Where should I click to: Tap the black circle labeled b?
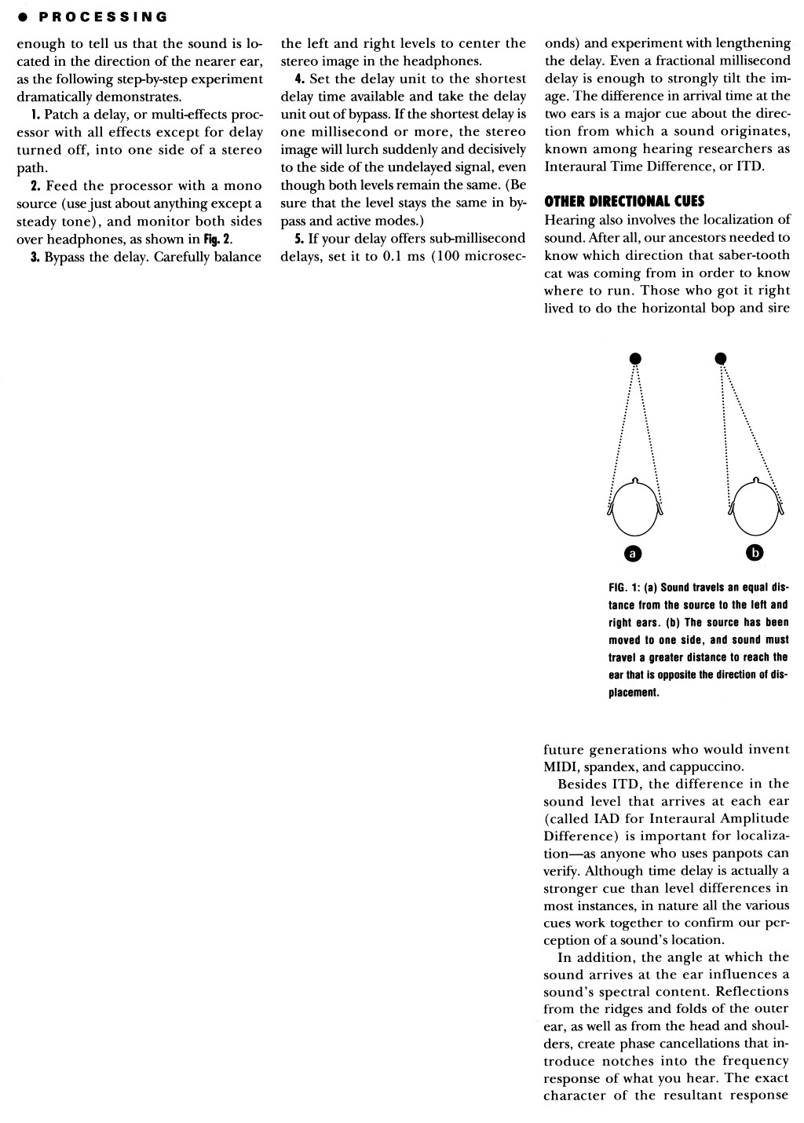[x=755, y=553]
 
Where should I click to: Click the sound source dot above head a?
[x=635, y=358]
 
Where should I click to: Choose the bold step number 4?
[x=298, y=79]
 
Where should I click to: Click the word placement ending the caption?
[x=633, y=693]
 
